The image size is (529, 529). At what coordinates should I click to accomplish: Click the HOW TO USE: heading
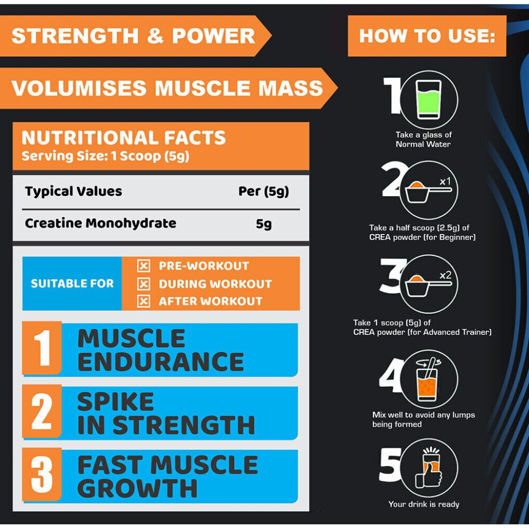[427, 36]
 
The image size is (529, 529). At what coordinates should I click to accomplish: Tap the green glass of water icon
[429, 99]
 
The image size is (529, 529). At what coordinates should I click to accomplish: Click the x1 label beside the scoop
[445, 182]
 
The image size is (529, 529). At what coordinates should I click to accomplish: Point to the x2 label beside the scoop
[445, 275]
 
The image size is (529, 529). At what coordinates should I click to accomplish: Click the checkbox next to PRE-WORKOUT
[144, 266]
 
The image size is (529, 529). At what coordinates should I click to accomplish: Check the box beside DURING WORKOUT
[144, 284]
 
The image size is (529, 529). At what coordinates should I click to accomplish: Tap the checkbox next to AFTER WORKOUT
[144, 301]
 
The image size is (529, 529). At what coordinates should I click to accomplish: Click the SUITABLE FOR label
[72, 283]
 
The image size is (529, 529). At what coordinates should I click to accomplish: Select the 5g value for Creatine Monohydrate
[263, 224]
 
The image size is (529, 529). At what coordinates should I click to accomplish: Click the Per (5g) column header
[263, 191]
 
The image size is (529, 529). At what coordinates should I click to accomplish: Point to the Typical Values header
[74, 191]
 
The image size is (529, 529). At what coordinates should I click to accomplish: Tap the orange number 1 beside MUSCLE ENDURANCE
[42, 348]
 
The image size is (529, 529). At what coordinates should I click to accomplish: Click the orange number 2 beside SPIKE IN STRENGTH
[42, 411]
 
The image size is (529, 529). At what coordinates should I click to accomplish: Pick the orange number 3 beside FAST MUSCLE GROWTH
[42, 474]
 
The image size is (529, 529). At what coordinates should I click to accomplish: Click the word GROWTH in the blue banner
[137, 488]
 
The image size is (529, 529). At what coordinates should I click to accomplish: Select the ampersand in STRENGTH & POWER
[155, 36]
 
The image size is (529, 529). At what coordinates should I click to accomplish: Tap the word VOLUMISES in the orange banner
[79, 88]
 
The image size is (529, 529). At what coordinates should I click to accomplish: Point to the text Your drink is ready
[424, 504]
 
